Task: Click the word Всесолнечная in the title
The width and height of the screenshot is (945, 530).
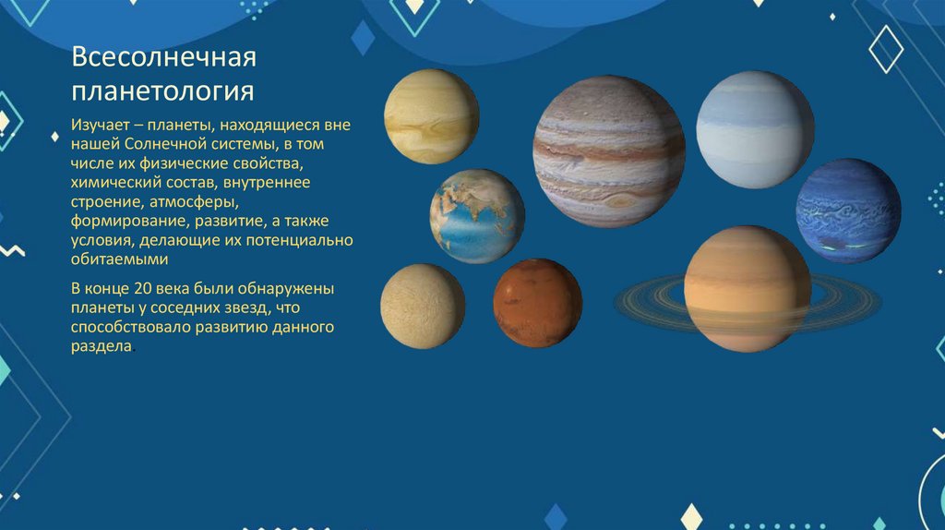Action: pyautogui.click(x=163, y=59)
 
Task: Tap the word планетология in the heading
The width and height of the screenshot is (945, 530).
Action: pyautogui.click(x=163, y=92)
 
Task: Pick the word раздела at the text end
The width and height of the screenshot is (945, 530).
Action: pyautogui.click(x=102, y=345)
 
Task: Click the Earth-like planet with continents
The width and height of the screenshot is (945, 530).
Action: pyautogui.click(x=477, y=216)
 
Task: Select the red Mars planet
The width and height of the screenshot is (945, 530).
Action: pyautogui.click(x=537, y=303)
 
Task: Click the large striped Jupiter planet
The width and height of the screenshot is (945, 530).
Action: pyautogui.click(x=609, y=151)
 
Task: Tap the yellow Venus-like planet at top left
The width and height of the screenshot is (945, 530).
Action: pyautogui.click(x=432, y=116)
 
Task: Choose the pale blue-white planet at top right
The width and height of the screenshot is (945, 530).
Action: pyautogui.click(x=755, y=130)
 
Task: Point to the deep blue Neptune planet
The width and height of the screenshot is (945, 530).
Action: pyautogui.click(x=848, y=211)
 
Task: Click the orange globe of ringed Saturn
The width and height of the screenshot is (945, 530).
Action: pyautogui.click(x=748, y=288)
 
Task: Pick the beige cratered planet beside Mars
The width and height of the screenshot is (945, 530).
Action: pyautogui.click(x=423, y=306)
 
